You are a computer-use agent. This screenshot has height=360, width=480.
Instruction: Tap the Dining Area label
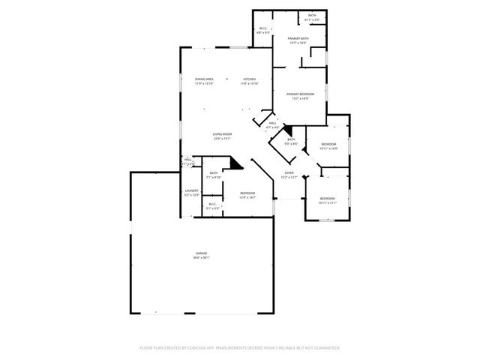pos(205,79)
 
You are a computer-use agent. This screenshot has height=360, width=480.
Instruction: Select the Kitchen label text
pos(249,79)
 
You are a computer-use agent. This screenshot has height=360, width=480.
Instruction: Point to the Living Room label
pos(221,133)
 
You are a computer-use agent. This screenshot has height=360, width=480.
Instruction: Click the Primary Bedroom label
pos(299,94)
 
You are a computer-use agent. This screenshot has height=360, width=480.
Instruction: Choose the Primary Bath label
pos(298,39)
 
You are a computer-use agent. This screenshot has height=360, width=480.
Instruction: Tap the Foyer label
pos(289,172)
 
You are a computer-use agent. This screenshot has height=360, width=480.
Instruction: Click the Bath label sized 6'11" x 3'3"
pos(312,15)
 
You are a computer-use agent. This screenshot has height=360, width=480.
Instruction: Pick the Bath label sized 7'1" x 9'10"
pos(214,173)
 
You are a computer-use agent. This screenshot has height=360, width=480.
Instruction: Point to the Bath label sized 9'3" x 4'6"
pos(291,139)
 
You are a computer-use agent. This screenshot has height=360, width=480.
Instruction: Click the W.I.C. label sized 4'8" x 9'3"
pos(264,29)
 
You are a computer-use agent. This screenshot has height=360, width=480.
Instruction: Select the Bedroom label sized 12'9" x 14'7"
pos(247,193)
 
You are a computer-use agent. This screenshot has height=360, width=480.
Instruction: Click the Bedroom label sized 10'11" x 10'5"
pos(328,144)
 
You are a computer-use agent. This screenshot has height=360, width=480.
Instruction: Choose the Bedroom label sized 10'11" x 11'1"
pos(328,199)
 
